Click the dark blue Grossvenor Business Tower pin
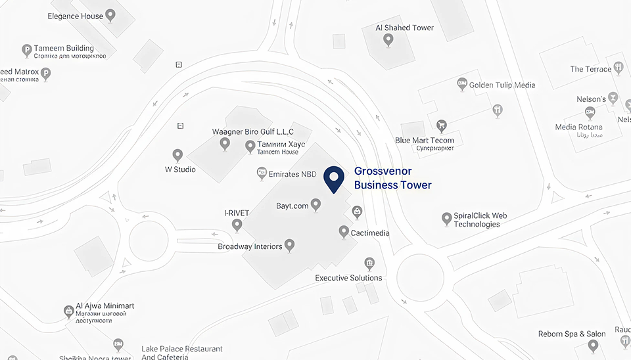(335, 178)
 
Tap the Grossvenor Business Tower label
(392, 178)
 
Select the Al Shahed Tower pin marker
(388, 39)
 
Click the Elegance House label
(75, 16)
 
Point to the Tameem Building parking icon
(27, 49)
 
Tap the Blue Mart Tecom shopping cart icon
(442, 125)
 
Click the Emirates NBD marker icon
(261, 173)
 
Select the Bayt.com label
(292, 206)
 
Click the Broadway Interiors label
(250, 247)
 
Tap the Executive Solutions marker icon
(369, 263)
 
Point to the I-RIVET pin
(237, 225)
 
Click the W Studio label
(179, 169)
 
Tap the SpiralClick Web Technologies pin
(446, 217)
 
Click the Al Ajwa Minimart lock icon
(68, 311)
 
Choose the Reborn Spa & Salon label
(572, 334)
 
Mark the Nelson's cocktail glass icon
(613, 98)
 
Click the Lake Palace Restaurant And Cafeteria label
(182, 353)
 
